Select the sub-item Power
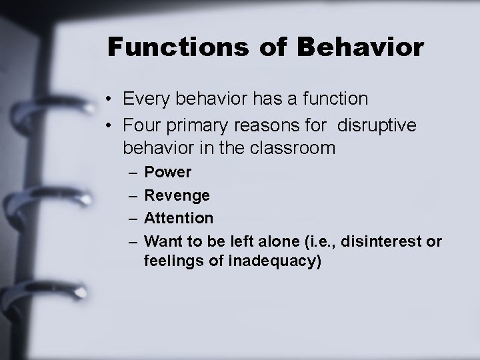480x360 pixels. (x=168, y=173)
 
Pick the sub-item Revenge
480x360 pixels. (x=177, y=195)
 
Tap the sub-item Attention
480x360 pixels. (x=179, y=218)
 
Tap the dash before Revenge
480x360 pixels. (x=131, y=195)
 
